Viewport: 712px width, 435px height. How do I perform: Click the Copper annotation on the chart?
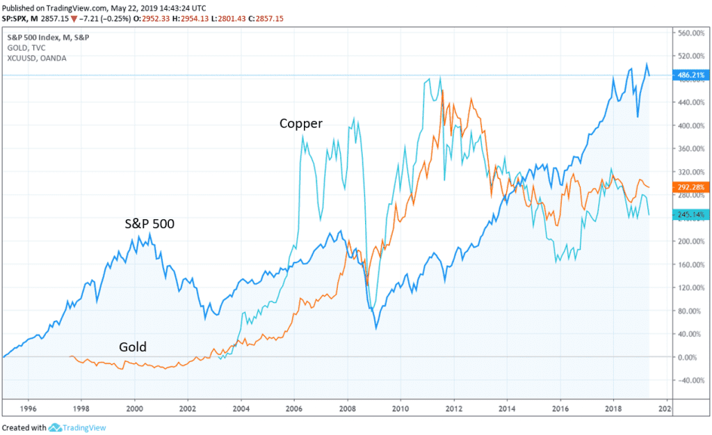tap(301, 125)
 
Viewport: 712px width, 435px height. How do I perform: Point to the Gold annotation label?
tap(132, 347)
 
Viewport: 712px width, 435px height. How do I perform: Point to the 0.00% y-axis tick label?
tap(690, 357)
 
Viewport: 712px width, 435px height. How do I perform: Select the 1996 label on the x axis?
tap(29, 409)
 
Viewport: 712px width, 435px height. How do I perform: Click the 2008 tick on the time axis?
tap(347, 409)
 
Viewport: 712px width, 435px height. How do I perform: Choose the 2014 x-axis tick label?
tap(506, 409)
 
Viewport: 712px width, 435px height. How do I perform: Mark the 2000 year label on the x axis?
tap(135, 409)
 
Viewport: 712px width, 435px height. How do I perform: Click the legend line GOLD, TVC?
tap(23, 47)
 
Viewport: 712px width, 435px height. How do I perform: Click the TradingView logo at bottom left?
tap(77, 428)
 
